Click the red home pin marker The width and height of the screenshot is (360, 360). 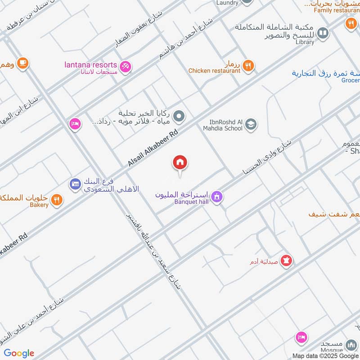click(180, 163)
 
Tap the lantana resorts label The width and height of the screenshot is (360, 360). click(90, 65)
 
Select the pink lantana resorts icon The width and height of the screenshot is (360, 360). click(127, 66)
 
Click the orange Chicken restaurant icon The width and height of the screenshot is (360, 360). click(248, 66)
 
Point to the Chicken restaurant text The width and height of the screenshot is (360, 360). click(214, 71)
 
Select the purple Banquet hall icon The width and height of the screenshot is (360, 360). click(217, 197)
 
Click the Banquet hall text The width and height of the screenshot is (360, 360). click(191, 201)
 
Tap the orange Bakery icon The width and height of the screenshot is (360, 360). click(56, 199)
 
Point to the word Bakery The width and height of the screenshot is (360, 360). click(40, 205)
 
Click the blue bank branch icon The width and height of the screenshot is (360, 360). click(75, 184)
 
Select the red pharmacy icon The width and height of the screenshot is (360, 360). click(286, 260)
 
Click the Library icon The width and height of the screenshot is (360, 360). click(323, 33)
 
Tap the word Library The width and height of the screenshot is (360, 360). click(305, 42)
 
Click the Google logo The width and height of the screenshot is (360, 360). click(19, 353)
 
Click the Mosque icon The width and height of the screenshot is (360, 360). click(351, 346)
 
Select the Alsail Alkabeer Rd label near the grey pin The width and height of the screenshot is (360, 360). click(153, 148)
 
